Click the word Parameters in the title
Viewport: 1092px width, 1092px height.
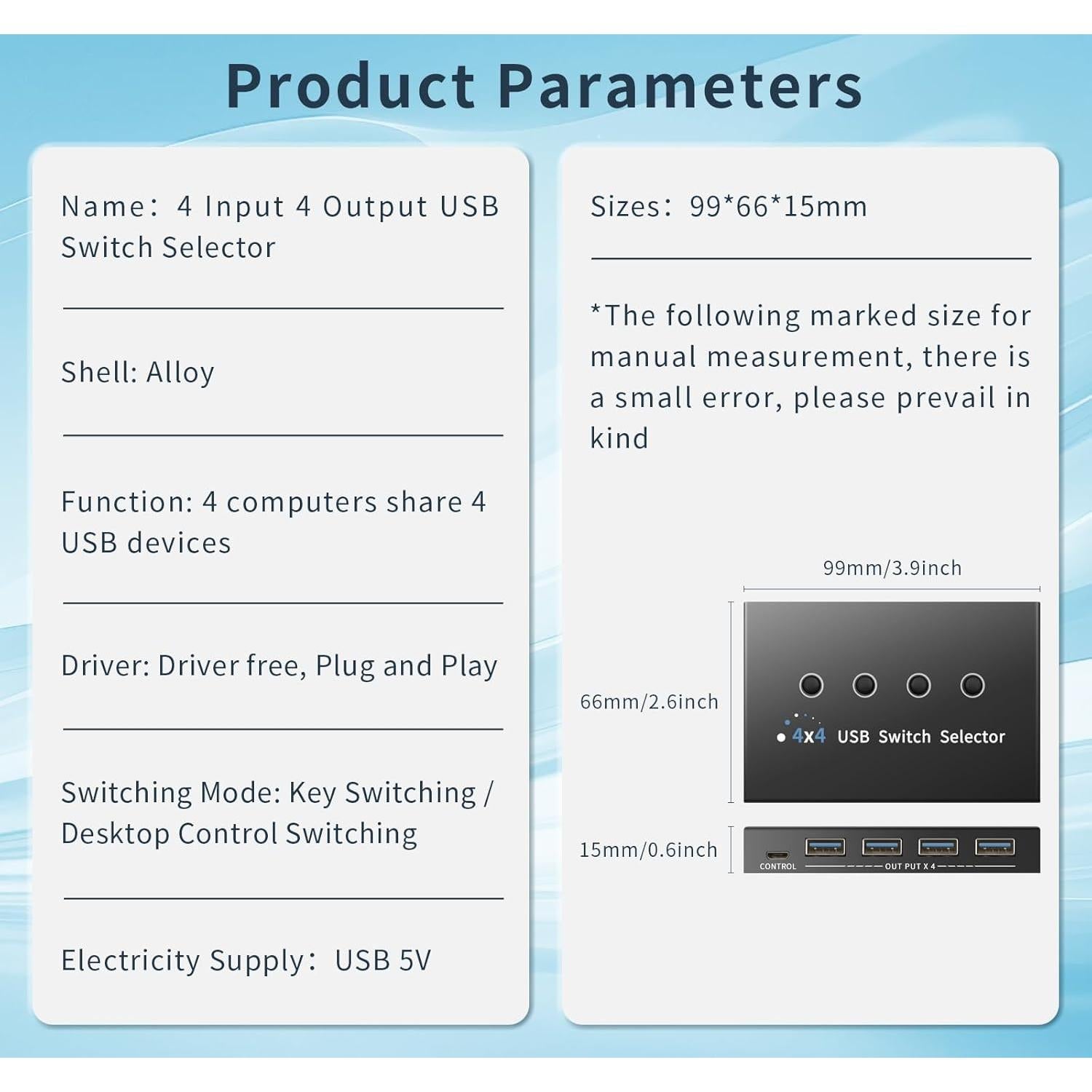tap(680, 87)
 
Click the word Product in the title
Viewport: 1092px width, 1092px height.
tap(351, 86)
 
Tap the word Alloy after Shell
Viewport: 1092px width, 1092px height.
tap(181, 373)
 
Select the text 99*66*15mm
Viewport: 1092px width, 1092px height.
tap(778, 207)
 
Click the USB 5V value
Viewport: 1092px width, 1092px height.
tap(383, 960)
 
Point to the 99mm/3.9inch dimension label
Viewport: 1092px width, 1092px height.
tap(893, 568)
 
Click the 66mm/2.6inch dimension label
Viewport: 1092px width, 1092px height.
tap(649, 702)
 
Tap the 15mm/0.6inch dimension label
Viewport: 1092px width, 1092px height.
tap(649, 850)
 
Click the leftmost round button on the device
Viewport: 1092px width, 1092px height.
tap(811, 685)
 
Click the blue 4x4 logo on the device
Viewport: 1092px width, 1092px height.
tap(809, 735)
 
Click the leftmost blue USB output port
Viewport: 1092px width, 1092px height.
tap(826, 847)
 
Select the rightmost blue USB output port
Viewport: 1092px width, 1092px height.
tap(995, 847)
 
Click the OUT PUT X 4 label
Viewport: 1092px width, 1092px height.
tap(910, 866)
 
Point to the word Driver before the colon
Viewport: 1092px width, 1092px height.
tap(106, 666)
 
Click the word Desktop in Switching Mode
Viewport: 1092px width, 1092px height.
tap(116, 834)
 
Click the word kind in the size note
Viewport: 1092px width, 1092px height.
tap(620, 438)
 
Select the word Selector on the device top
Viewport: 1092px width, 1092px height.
tap(972, 737)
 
